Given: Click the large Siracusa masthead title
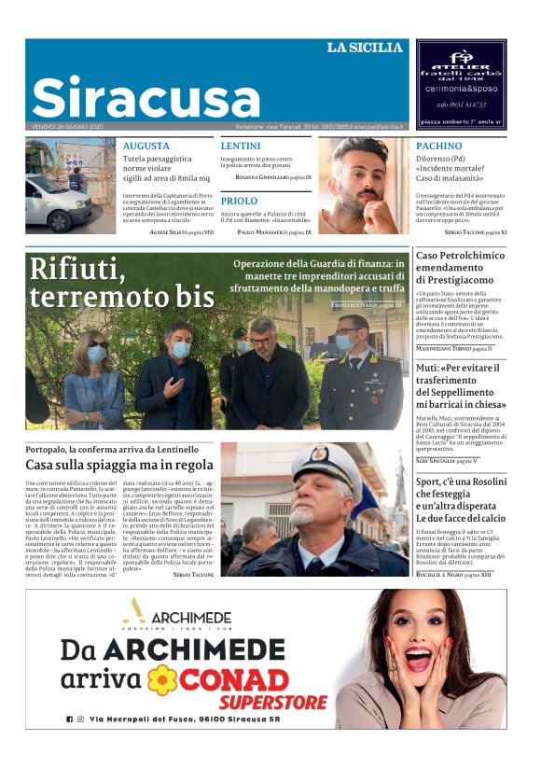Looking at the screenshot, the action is [x=146, y=97].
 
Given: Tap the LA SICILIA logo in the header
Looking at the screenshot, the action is [x=364, y=48].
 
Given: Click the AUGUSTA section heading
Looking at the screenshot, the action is [x=146, y=146].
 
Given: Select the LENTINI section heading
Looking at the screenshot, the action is [x=241, y=146].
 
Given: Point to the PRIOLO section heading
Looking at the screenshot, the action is [x=239, y=201].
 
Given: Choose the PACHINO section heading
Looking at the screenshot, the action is [x=438, y=146].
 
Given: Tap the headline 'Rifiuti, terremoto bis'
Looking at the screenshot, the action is [x=121, y=283].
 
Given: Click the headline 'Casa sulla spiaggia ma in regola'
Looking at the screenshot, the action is [x=119, y=465].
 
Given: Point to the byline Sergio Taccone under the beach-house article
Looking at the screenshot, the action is [x=193, y=575].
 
